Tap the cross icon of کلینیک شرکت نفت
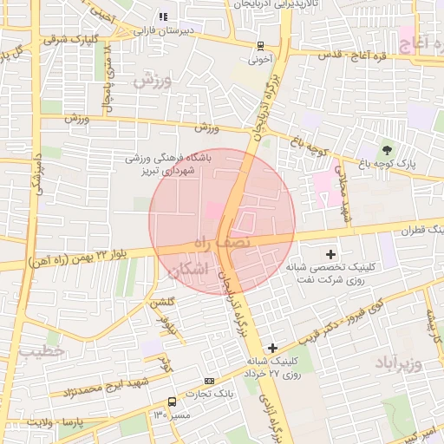(x=330, y=254)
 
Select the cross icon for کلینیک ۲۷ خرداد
(x=273, y=348)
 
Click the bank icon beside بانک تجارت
(x=209, y=382)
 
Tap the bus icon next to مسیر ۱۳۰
(x=172, y=402)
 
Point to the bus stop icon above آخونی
(x=260, y=46)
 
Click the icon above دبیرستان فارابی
(x=162, y=16)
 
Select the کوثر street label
(x=165, y=363)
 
